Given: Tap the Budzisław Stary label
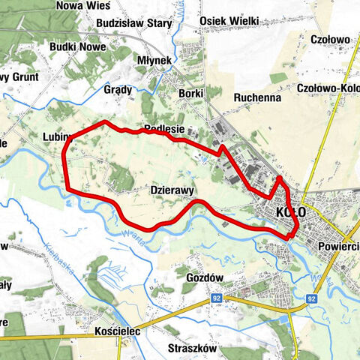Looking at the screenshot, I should click(134, 23).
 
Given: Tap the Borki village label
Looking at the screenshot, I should click(191, 93).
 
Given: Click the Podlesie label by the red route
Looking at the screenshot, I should click(164, 128).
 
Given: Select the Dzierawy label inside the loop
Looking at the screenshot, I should click(172, 190).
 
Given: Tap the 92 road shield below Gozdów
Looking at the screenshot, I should click(216, 298).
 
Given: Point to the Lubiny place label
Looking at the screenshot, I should click(58, 137).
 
